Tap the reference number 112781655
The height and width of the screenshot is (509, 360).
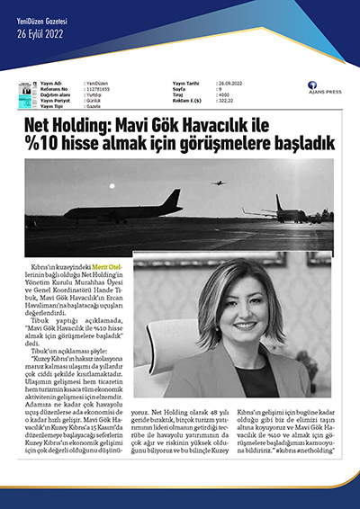pyautogui.click(x=97, y=91)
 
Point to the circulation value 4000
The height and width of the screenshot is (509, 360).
pyautogui.click(x=223, y=96)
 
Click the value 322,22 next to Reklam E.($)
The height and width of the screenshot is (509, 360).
pyautogui.click(x=225, y=102)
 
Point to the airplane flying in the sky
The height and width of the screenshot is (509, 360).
pyautogui.click(x=217, y=183)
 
